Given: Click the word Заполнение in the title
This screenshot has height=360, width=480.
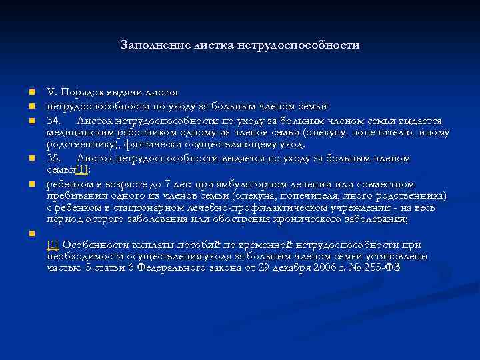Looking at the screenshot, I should (x=148, y=45).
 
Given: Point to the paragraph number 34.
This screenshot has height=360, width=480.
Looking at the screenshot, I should (x=53, y=121).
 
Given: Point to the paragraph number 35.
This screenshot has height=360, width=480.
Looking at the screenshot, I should (x=53, y=159).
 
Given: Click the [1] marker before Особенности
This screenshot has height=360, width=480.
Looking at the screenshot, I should (x=53, y=246).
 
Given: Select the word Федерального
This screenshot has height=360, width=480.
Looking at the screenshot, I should (x=172, y=267).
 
